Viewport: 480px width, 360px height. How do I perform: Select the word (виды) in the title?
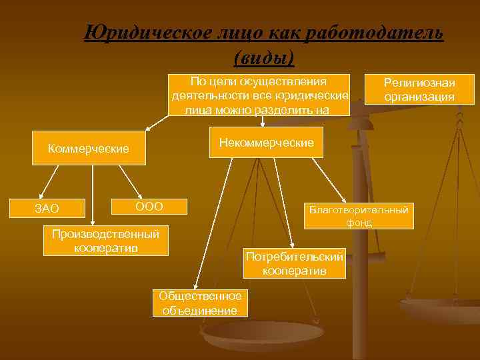(264, 58)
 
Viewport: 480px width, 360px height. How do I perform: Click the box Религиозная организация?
(419, 89)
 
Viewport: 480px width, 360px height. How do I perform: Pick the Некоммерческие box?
(266, 142)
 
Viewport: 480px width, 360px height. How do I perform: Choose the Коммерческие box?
(89, 148)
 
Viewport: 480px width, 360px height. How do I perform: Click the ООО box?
(149, 206)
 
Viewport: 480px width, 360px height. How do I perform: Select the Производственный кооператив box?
(106, 241)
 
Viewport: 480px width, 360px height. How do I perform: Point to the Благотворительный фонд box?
(359, 216)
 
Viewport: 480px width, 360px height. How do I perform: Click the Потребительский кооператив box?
(294, 264)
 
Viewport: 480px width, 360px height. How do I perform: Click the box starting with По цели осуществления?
(259, 95)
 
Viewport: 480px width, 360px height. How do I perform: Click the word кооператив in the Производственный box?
(106, 248)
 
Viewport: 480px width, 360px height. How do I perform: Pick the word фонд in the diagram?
(359, 223)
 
